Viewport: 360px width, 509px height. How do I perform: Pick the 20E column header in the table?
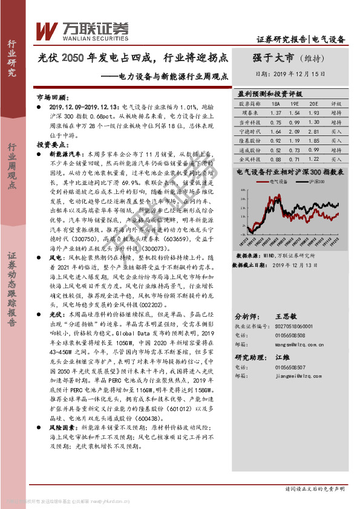click(313, 104)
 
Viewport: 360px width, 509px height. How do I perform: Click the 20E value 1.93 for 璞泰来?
click(313, 113)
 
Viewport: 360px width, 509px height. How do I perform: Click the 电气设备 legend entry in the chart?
click(279, 181)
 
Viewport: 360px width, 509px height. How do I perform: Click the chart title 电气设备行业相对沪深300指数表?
click(290, 172)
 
